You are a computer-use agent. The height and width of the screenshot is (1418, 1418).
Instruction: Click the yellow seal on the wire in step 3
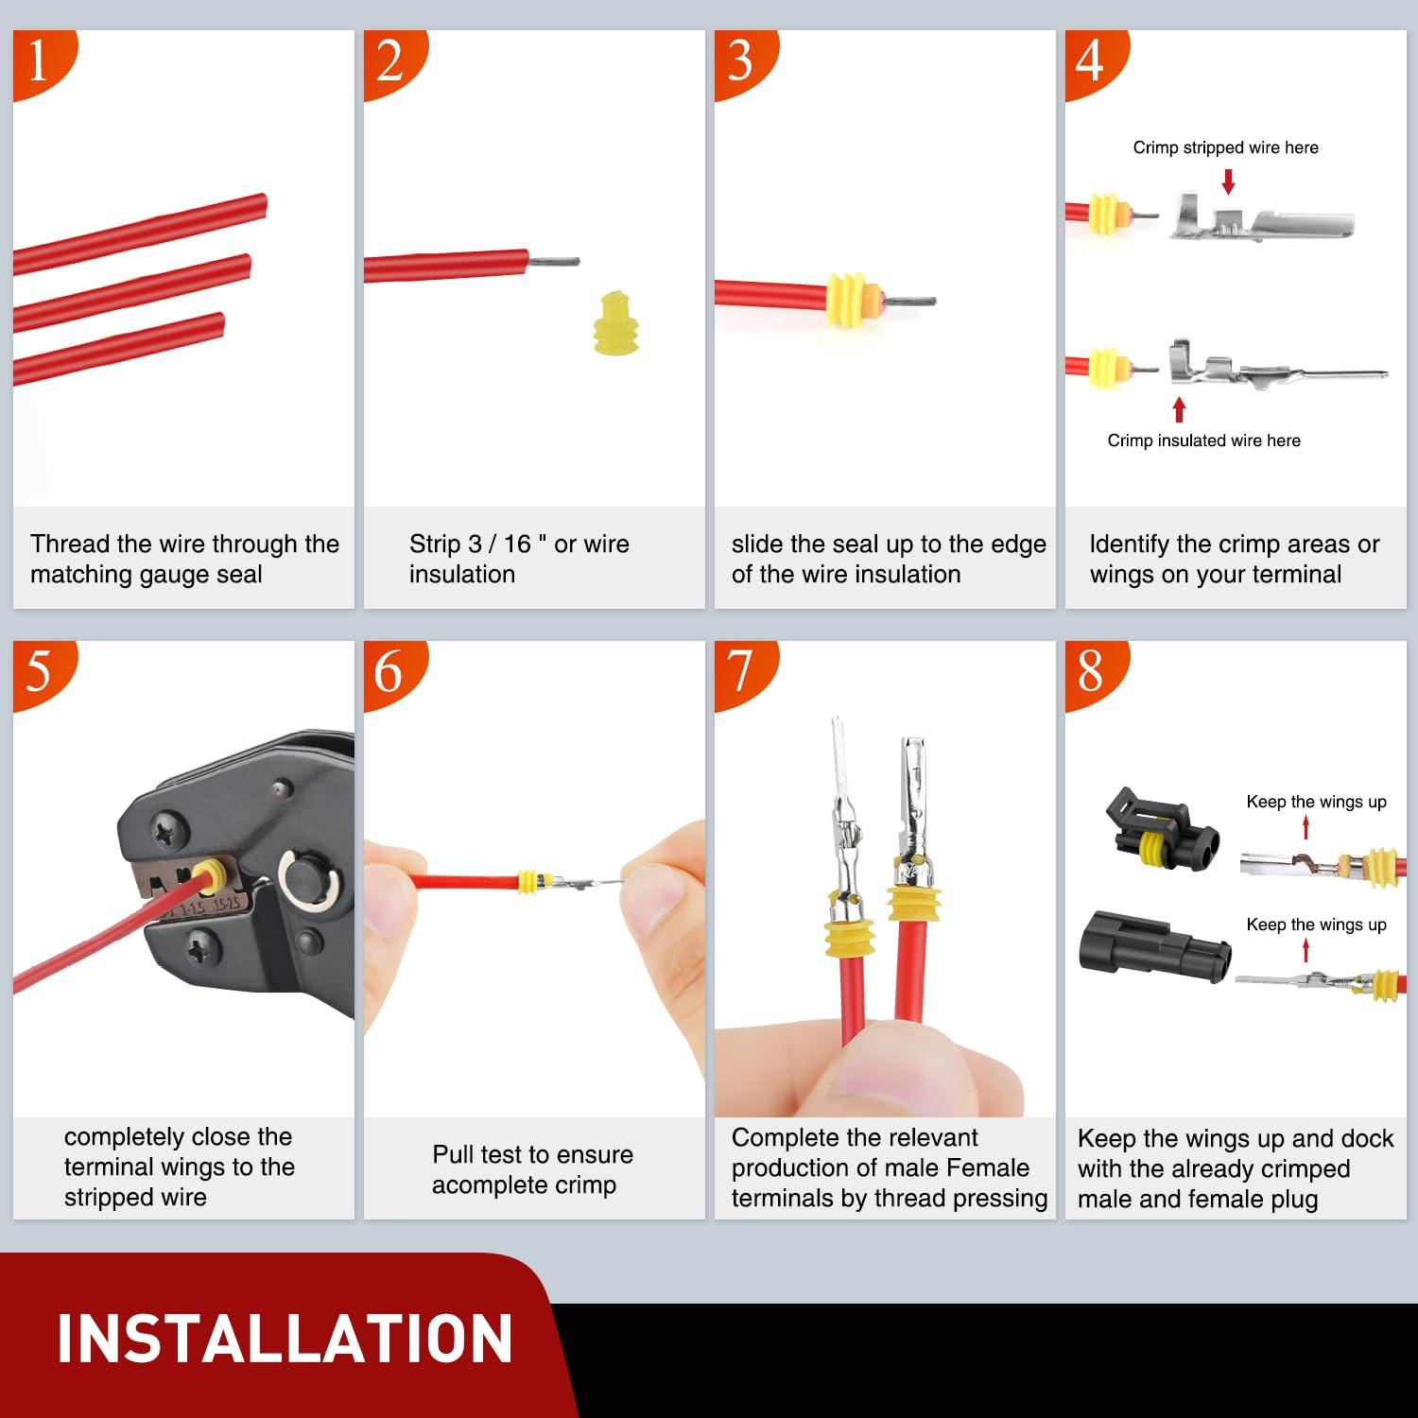[x=850, y=300]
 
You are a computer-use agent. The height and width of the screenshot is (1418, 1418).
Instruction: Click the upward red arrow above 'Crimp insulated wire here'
[x=1179, y=409]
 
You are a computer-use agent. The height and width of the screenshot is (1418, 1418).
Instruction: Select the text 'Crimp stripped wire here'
[x=1225, y=147]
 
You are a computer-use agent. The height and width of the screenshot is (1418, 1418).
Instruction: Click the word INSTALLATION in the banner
[x=285, y=1339]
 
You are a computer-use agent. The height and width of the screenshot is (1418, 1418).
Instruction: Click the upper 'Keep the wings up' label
[x=1316, y=802]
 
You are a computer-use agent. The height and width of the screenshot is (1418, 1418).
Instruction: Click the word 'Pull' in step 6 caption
[x=453, y=1154]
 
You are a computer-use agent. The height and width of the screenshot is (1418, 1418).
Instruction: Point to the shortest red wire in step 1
[x=118, y=349]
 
